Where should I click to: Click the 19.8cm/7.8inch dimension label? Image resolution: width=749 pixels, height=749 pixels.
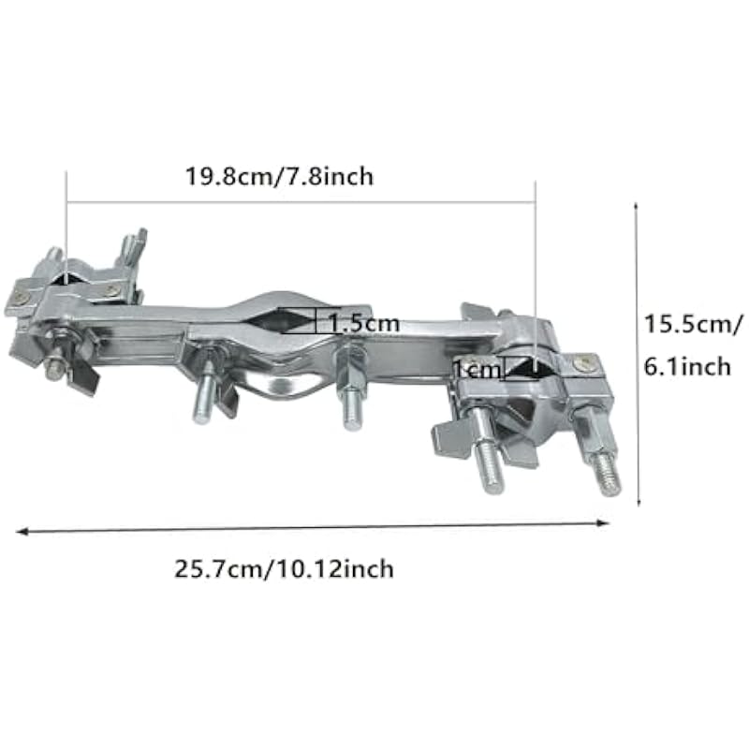(279, 177)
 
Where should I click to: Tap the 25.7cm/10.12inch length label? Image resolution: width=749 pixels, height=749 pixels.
(284, 569)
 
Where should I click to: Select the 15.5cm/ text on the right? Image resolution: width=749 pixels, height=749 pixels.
(694, 325)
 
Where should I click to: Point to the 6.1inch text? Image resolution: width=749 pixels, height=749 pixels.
(688, 366)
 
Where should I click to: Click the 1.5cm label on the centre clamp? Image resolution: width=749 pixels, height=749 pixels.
(364, 323)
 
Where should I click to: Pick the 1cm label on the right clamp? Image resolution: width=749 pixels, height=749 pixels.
(477, 370)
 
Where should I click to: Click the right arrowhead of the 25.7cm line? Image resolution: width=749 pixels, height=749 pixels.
(603, 522)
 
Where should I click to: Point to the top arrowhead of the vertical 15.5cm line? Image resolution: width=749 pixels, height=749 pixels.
(636, 206)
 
